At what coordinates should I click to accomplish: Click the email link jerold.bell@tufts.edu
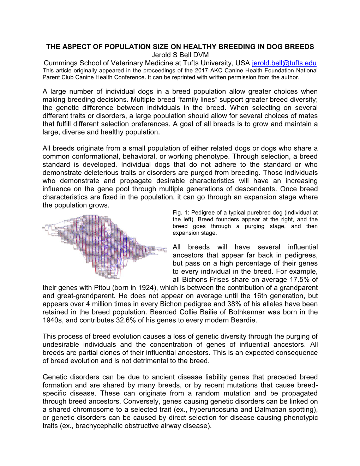click(x=284, y=63)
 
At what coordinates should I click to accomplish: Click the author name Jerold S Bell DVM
click(x=180, y=55)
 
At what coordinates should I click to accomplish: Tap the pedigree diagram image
click(x=104, y=246)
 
